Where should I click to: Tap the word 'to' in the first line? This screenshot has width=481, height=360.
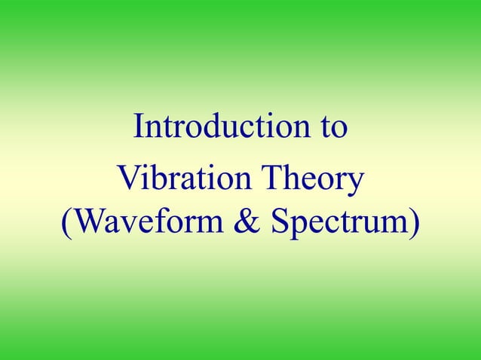pyautogui.click(x=332, y=127)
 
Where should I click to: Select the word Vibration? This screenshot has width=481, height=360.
pyautogui.click(x=176, y=181)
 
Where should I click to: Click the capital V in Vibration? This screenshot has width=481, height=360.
pyautogui.click(x=127, y=181)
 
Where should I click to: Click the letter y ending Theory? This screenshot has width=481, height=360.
pyautogui.click(x=357, y=185)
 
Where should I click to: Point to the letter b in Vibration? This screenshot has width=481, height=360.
pyautogui.click(x=154, y=181)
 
